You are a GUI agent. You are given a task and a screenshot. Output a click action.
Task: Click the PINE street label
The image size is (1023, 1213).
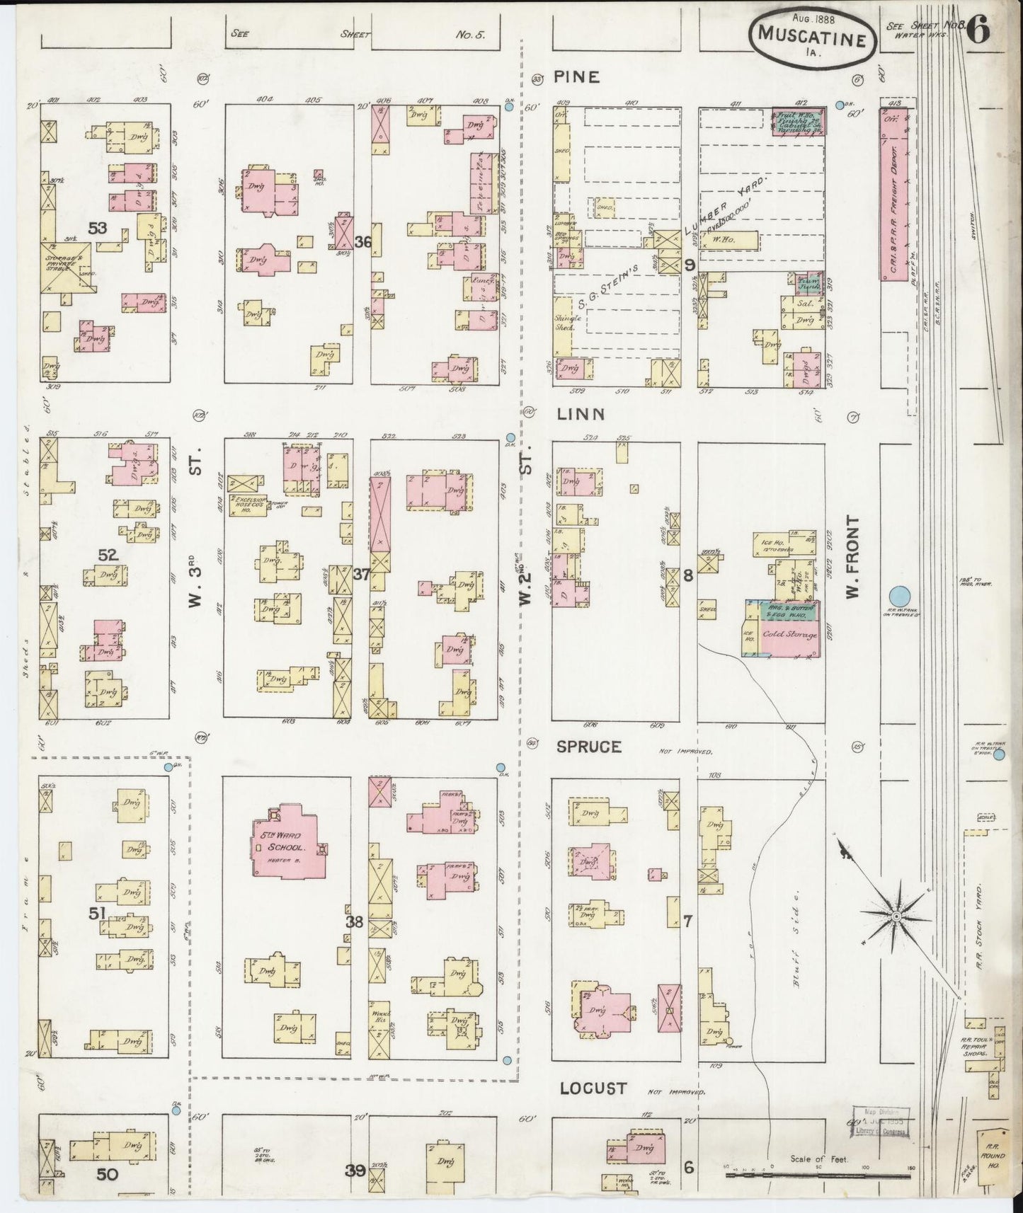click(577, 77)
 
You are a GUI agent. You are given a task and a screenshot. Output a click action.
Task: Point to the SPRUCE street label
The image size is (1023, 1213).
click(588, 747)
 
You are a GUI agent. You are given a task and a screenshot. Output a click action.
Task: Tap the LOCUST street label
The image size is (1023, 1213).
click(593, 1088)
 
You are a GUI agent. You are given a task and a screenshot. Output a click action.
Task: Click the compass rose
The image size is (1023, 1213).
click(896, 916)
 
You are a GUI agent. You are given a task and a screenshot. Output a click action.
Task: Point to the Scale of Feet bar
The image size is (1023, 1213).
click(772, 1174)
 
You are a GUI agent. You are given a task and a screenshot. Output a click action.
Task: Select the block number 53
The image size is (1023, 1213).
click(97, 227)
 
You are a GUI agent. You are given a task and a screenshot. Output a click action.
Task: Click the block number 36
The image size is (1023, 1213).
click(362, 242)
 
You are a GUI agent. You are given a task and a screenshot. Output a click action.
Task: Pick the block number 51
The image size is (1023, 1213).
click(97, 914)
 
